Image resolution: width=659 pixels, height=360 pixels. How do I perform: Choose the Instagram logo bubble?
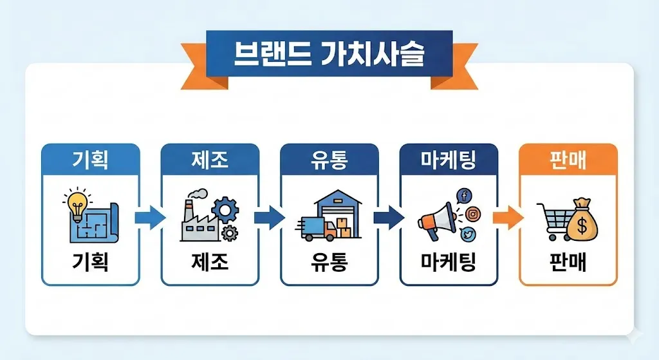[473, 214]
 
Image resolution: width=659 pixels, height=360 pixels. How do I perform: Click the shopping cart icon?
[552, 220]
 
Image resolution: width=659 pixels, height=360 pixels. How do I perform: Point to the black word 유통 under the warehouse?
[329, 262]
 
